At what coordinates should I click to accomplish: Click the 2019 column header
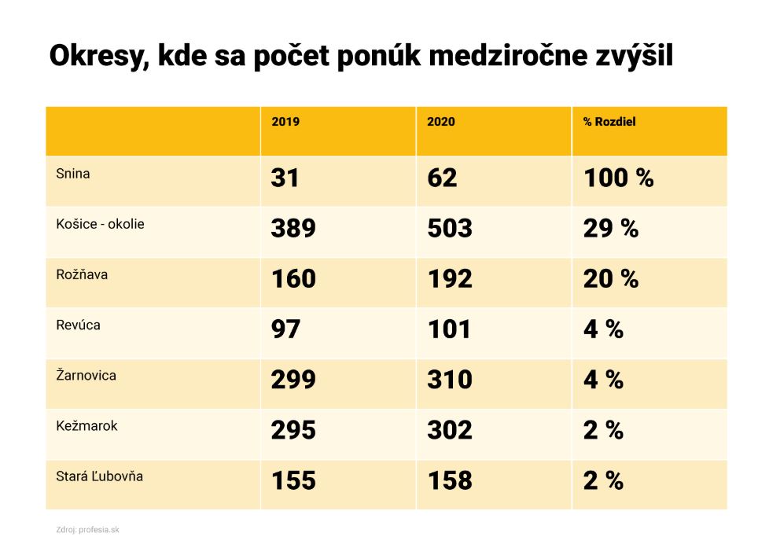point(285,122)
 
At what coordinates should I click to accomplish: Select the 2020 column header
point(440,122)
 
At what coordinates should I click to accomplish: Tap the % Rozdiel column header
point(609,122)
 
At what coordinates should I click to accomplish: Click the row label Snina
point(73,174)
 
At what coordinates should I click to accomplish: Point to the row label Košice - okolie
point(100,224)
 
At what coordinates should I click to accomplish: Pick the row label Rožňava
point(82,274)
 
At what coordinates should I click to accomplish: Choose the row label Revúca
point(78,325)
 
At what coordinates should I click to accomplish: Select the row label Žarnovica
point(86,375)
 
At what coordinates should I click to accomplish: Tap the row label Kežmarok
point(86,425)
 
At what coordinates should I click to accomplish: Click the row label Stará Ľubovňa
point(99,476)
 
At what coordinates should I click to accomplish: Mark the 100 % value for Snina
point(618,178)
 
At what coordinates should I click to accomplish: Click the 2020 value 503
point(449,229)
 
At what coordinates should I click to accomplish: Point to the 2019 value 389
point(293,229)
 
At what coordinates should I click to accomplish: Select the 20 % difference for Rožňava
point(610,279)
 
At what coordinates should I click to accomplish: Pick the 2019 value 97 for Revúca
point(285,329)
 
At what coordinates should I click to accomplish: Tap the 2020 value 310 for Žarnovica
point(449,380)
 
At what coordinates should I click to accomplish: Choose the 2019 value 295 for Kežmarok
point(293,430)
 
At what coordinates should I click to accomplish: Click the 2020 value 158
point(449,480)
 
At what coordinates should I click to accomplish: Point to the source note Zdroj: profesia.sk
point(87,529)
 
